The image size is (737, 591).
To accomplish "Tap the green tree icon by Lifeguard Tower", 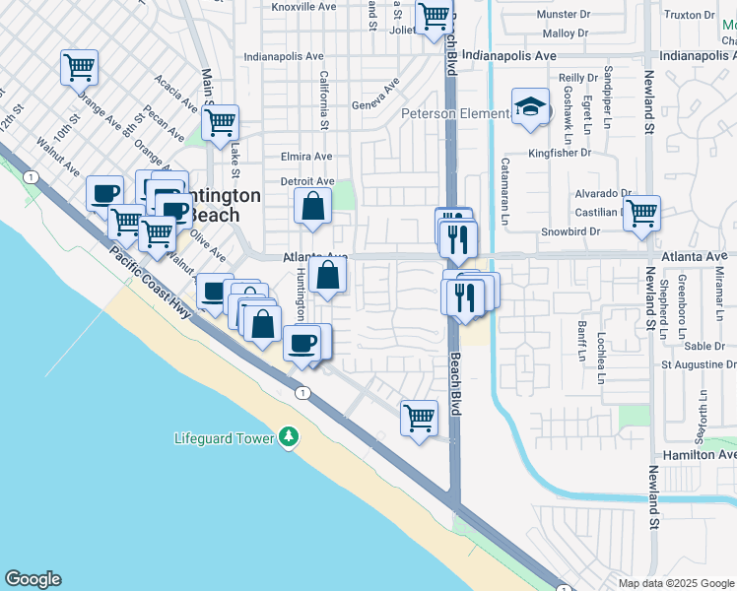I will [x=288, y=435].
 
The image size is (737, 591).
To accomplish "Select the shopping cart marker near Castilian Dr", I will [x=641, y=212].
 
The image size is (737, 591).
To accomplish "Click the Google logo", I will [x=33, y=579].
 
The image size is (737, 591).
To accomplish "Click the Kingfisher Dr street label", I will [x=559, y=153].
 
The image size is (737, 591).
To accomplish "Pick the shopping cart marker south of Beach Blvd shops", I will [x=419, y=417].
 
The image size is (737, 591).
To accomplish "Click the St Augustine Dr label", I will [x=699, y=364].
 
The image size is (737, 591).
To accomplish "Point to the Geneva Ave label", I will [x=374, y=101].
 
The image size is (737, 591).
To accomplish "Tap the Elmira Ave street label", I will [x=306, y=157].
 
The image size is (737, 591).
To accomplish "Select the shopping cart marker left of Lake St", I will [x=220, y=123].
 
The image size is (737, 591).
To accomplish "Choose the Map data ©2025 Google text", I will [x=675, y=583].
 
